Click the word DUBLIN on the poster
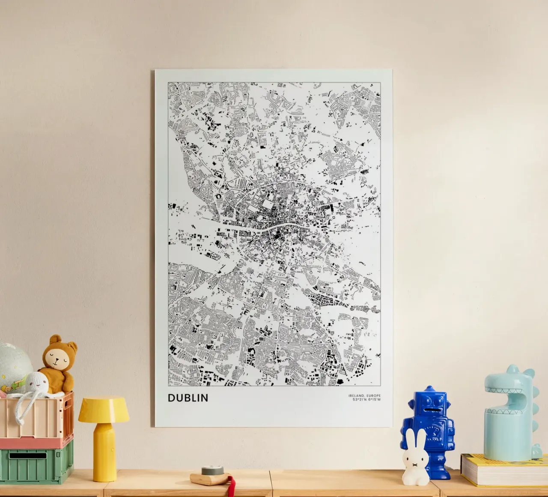(x=188, y=398)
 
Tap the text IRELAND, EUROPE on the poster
(x=364, y=395)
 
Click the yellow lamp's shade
(x=104, y=409)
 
